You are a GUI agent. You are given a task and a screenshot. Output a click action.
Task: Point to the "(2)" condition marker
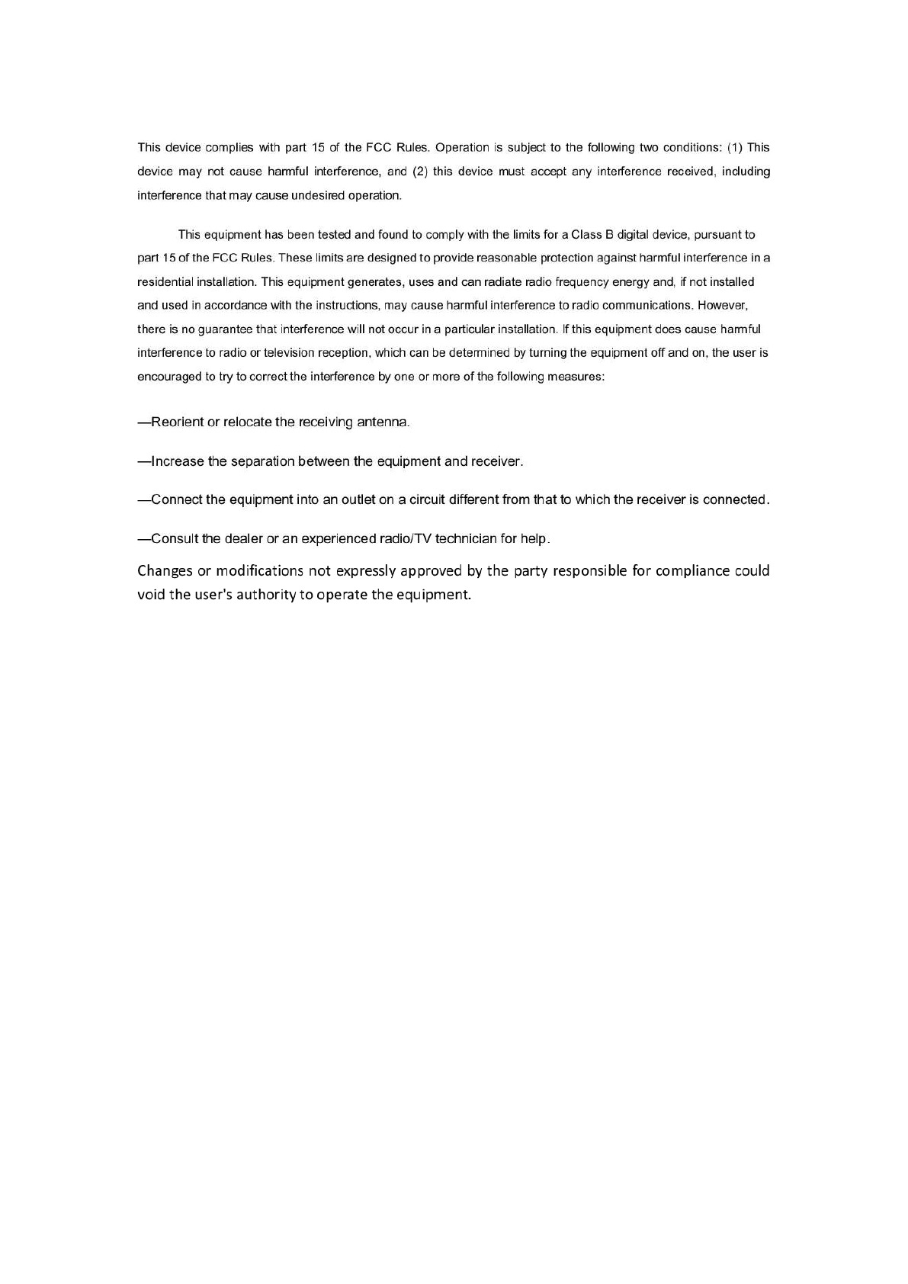419,172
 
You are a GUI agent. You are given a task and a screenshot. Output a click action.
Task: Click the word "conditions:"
690,147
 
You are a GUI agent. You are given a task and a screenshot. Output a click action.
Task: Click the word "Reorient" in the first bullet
178,422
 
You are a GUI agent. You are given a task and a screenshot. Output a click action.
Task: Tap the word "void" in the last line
151,595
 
